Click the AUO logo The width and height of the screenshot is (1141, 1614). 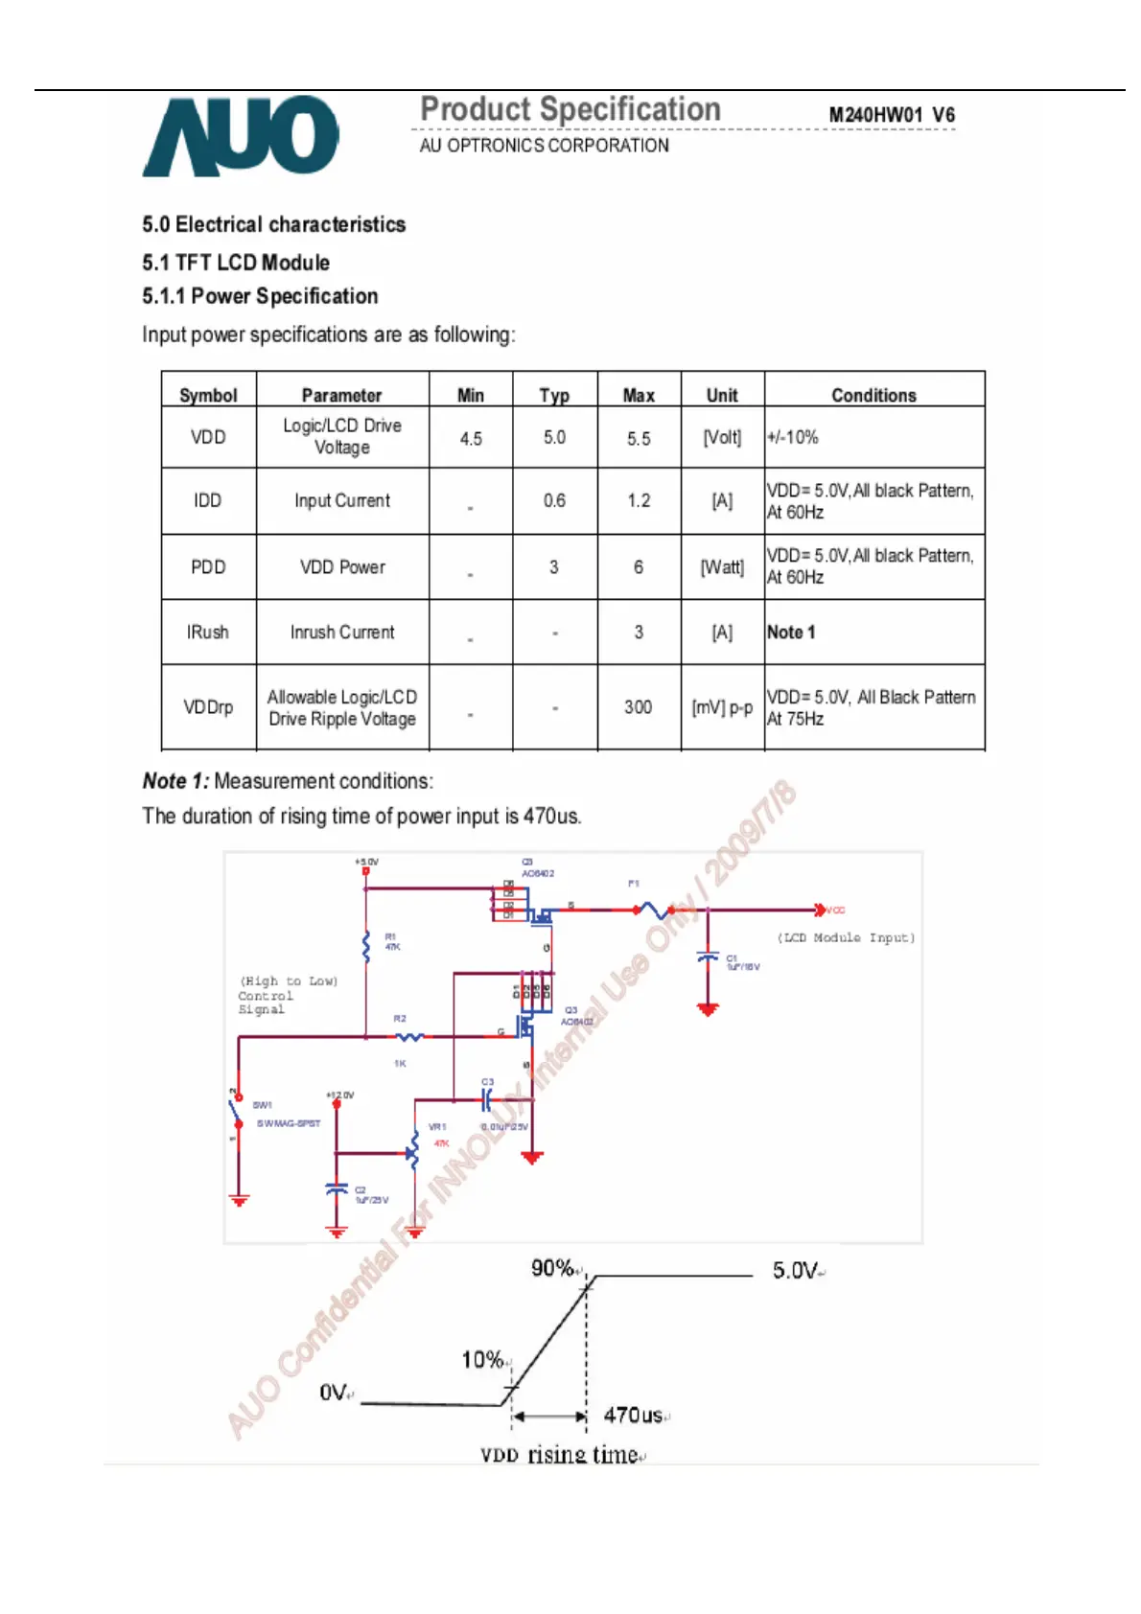(241, 136)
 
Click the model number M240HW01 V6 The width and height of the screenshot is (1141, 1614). (891, 115)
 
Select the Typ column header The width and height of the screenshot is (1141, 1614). (554, 395)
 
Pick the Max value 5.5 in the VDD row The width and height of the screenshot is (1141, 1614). (639, 438)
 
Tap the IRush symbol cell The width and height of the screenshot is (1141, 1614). (208, 633)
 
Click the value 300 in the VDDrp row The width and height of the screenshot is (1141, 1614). (639, 707)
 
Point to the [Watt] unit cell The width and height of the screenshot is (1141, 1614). (722, 567)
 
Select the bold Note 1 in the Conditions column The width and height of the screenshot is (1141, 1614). (791, 633)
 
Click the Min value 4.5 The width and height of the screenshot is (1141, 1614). (471, 438)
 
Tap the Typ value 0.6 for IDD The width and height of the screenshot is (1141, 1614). (554, 500)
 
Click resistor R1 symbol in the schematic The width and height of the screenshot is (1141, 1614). (366, 946)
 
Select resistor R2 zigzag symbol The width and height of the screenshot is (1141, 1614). (409, 1036)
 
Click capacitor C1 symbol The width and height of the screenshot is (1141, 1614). (708, 957)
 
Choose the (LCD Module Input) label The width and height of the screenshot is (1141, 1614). (846, 937)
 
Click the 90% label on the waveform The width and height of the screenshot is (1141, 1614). (553, 1268)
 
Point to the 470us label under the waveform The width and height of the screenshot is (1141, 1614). (633, 1415)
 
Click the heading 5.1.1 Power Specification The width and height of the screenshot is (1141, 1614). (260, 296)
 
